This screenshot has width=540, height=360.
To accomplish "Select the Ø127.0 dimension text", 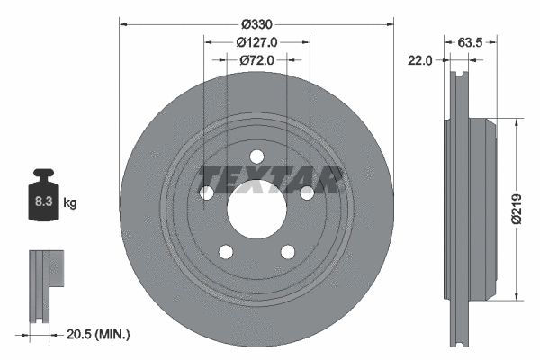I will [256, 41].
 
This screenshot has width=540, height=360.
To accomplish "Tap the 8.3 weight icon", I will [44, 200].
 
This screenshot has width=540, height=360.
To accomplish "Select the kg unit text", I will [70, 203].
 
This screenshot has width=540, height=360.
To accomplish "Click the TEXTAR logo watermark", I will [270, 180].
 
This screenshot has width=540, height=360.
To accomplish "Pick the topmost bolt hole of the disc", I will [256, 156].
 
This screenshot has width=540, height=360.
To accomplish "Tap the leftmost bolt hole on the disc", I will [206, 193].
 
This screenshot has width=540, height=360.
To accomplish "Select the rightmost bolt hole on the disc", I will [307, 193].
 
